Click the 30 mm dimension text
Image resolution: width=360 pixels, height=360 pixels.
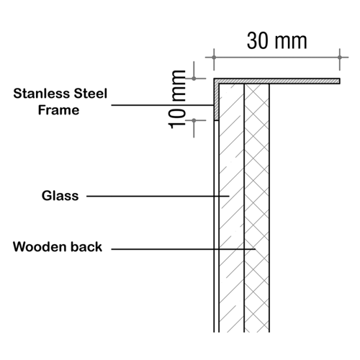click(277, 41)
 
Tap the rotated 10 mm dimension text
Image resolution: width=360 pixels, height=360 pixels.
click(177, 99)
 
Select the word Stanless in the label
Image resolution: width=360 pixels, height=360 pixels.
click(42, 94)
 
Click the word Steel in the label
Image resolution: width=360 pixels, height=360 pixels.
click(91, 94)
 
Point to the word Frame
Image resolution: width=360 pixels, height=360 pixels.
click(58, 110)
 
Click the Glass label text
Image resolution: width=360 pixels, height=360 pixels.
click(60, 196)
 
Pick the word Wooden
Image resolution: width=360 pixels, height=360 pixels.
click(37, 247)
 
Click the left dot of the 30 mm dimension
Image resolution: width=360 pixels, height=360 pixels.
click(214, 58)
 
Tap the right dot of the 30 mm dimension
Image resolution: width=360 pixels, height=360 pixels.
click(340, 58)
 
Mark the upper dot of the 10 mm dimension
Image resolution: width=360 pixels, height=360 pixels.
click(194, 78)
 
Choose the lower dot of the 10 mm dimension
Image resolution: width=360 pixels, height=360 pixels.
click(194, 120)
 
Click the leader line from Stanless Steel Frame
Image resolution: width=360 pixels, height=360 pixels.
click(163, 105)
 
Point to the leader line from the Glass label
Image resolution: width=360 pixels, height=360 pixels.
click(158, 197)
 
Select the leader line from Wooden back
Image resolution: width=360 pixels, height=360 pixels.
click(183, 249)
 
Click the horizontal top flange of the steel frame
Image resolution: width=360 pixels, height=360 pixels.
click(276, 81)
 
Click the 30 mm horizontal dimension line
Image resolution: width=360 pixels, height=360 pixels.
click(276, 58)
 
